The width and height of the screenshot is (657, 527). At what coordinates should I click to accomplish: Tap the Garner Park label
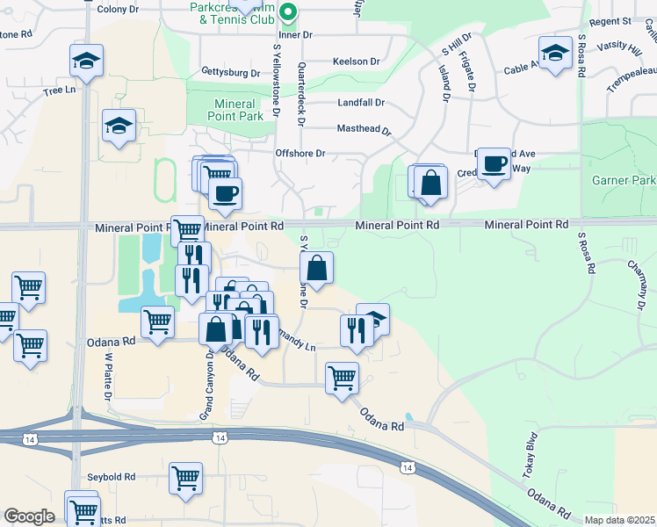pos(625,180)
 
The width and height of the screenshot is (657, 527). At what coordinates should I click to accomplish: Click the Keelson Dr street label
pos(356,61)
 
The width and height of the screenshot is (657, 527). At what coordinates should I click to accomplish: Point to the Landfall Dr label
pos(361,102)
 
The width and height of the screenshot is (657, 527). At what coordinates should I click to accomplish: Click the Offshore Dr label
pos(301,153)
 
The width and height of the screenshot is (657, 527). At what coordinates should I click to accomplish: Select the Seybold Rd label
pos(111,477)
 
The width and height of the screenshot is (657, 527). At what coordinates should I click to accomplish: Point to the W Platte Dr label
pos(108,378)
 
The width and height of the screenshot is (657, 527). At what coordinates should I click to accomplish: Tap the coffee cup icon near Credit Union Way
pos(495,163)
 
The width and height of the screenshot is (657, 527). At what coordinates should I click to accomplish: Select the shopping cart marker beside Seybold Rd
pos(186,479)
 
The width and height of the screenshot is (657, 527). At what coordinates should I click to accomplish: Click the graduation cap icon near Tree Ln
pos(86,61)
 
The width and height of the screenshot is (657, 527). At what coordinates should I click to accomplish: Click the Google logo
pos(28,516)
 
